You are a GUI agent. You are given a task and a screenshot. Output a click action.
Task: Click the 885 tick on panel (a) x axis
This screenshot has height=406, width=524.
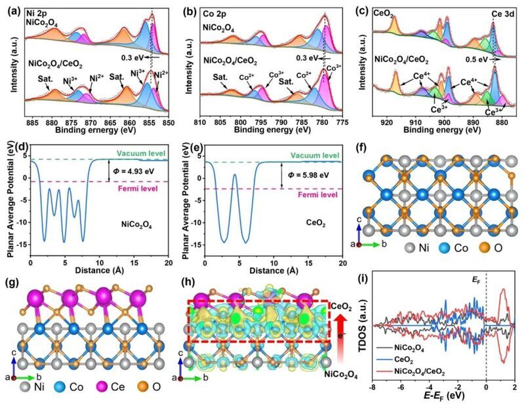(x=32, y=124)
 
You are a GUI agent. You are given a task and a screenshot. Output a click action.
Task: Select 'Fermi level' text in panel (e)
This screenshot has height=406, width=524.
(x=320, y=194)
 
